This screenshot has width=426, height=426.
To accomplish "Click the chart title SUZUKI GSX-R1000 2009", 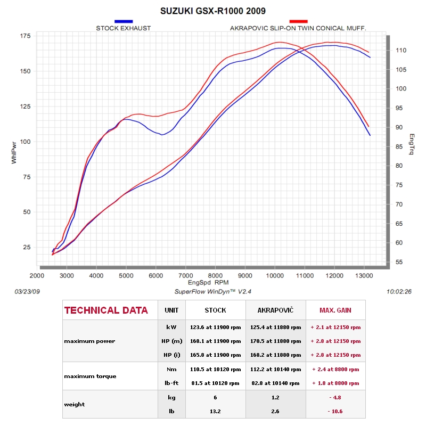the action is [x=212, y=11].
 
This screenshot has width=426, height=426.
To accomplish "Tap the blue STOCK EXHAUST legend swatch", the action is [x=124, y=21].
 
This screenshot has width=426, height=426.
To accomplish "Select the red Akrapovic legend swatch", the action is [x=298, y=21].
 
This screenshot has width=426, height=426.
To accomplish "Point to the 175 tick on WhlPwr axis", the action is [x=25, y=36].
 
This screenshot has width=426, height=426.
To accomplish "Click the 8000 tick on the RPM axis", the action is [x=215, y=276].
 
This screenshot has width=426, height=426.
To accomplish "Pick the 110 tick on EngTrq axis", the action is [x=401, y=50].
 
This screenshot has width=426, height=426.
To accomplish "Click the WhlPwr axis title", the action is [x=14, y=153].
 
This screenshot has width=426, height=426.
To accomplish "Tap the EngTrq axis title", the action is [x=412, y=144].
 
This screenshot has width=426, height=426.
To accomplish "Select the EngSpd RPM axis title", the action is [x=208, y=283].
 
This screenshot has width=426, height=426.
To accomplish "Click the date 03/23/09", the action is [x=27, y=292].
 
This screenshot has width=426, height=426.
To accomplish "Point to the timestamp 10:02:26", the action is [x=399, y=292].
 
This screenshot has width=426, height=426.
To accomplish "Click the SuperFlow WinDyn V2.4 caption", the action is [x=212, y=292].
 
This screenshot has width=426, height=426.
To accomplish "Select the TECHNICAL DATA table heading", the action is [x=106, y=310].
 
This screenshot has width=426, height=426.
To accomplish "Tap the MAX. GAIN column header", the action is [x=335, y=310].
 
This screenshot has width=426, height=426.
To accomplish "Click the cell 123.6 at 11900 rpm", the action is [x=216, y=327].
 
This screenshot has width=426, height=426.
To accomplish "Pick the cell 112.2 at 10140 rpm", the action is [x=275, y=370].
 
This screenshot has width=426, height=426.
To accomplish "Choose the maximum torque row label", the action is [x=90, y=376].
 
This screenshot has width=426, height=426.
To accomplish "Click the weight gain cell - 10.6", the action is [x=335, y=411].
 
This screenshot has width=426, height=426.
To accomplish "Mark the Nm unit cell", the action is [x=171, y=370].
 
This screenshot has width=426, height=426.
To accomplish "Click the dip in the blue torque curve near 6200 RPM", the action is [x=162, y=135].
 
